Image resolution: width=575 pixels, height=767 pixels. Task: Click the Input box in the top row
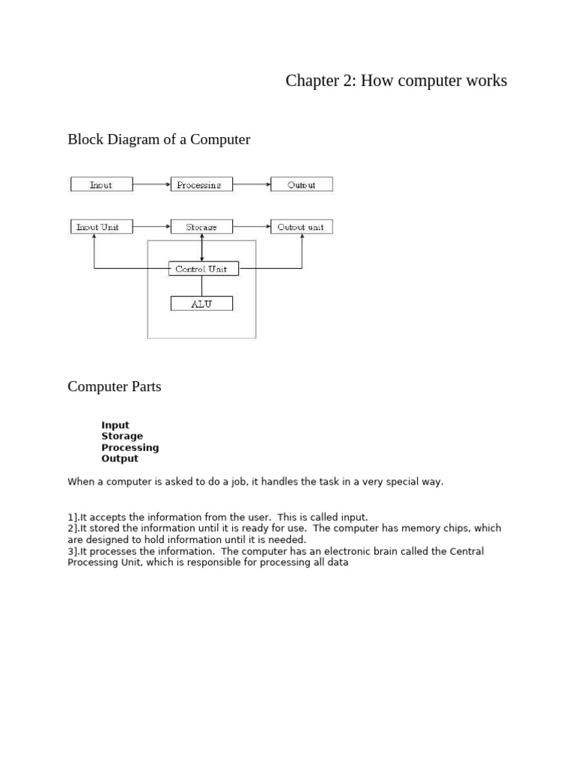pyautogui.click(x=101, y=184)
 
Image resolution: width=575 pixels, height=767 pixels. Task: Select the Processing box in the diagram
pyautogui.click(x=201, y=184)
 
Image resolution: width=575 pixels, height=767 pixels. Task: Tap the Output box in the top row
pyautogui.click(x=301, y=184)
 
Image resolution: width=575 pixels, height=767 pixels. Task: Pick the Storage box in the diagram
pyautogui.click(x=201, y=226)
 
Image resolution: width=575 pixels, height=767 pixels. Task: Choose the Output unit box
pyautogui.click(x=301, y=226)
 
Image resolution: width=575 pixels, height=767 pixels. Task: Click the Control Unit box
pyautogui.click(x=201, y=268)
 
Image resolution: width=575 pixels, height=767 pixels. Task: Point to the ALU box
pyautogui.click(x=201, y=303)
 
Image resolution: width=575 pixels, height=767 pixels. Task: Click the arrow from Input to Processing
pyautogui.click(x=152, y=184)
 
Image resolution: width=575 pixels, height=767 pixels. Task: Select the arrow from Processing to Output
pyautogui.click(x=252, y=184)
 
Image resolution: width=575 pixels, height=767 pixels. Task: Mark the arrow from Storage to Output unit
pyautogui.click(x=252, y=226)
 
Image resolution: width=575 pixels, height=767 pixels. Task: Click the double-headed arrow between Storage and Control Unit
pyautogui.click(x=201, y=247)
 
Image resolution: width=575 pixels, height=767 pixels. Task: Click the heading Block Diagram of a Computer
pyautogui.click(x=159, y=139)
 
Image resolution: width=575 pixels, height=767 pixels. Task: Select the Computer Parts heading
pyautogui.click(x=115, y=386)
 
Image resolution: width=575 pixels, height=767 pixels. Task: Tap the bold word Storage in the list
pyautogui.click(x=122, y=436)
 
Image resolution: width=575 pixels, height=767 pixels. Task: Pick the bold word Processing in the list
pyautogui.click(x=130, y=447)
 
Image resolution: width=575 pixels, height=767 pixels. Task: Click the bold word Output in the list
pyautogui.click(x=120, y=458)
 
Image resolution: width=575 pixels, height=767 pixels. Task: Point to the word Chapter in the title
pyautogui.click(x=314, y=81)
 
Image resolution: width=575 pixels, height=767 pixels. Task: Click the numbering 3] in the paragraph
pyautogui.click(x=73, y=551)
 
